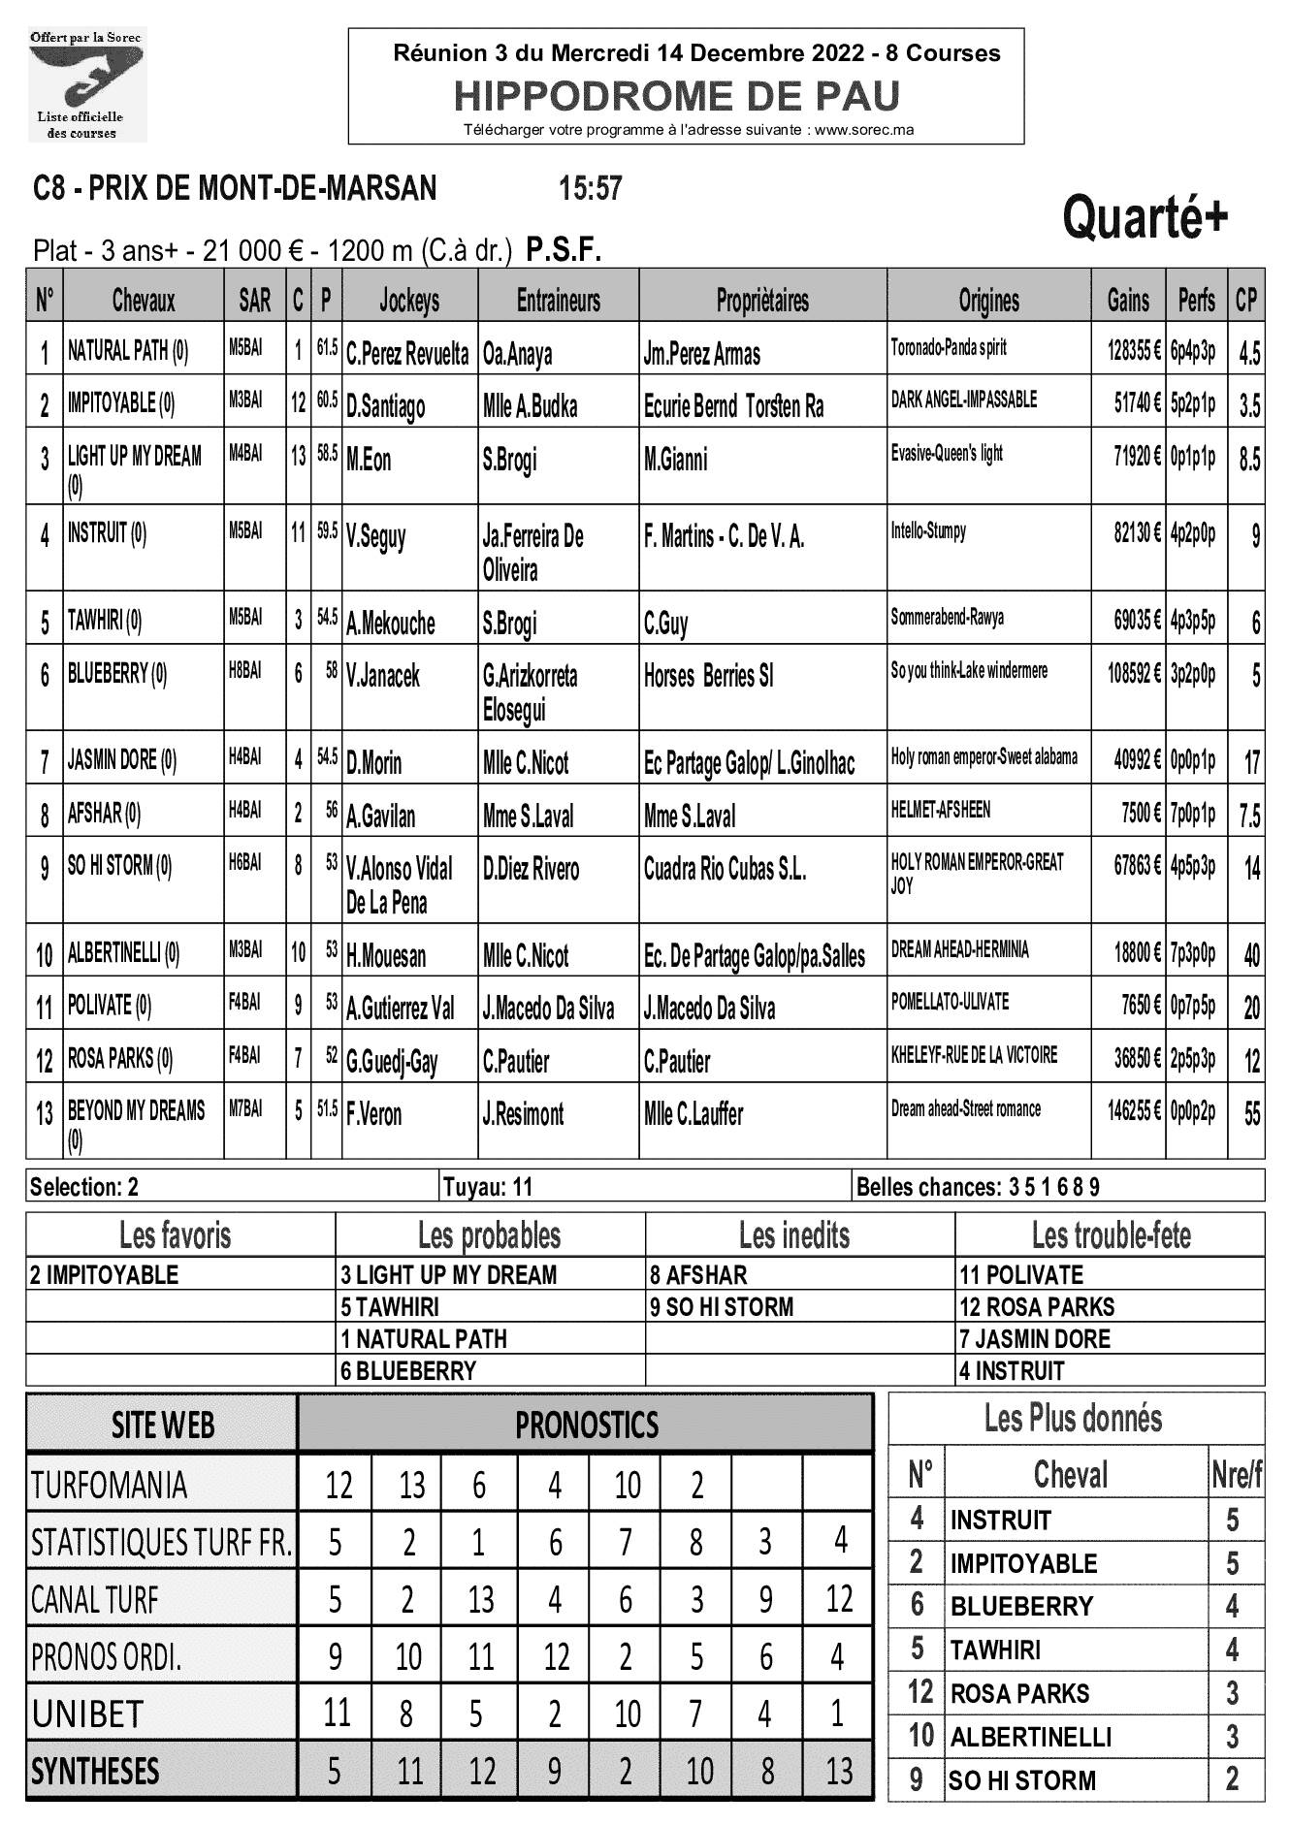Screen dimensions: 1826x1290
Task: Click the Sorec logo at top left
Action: click(x=86, y=85)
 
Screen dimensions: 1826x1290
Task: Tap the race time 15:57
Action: click(x=590, y=188)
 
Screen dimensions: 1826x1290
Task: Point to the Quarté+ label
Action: click(x=1145, y=217)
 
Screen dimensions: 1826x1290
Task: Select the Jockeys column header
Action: click(x=409, y=301)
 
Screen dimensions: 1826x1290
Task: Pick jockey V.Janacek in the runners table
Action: click(x=383, y=676)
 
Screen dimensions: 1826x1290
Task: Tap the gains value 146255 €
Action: click(x=1134, y=1111)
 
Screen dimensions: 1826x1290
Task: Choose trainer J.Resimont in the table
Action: click(x=523, y=1114)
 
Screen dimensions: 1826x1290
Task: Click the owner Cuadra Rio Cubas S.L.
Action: click(x=725, y=869)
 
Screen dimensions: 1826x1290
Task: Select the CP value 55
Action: click(x=1251, y=1114)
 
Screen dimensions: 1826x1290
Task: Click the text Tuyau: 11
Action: click(x=487, y=1187)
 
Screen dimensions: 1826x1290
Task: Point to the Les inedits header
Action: click(x=793, y=1235)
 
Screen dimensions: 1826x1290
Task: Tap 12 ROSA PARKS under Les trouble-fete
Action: click(x=1036, y=1307)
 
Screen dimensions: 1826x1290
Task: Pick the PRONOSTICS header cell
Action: click(x=586, y=1426)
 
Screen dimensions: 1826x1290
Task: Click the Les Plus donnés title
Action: click(x=1073, y=1419)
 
